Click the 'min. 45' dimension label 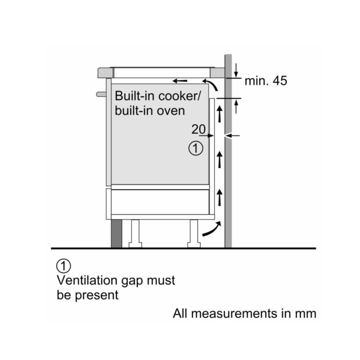tap(265, 81)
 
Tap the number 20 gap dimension tap(199, 129)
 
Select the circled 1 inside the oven tap(196, 148)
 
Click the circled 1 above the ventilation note tap(64, 266)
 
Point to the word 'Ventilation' tap(87, 280)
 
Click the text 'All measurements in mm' tap(245, 313)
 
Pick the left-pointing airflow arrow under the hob tap(180, 81)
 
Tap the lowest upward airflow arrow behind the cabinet tap(220, 197)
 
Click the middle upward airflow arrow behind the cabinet tap(220, 160)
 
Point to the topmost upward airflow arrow tap(220, 114)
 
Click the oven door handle tap(101, 94)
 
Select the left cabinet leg tap(135, 233)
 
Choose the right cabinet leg tap(194, 233)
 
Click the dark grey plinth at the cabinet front tap(116, 233)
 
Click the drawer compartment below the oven tap(160, 202)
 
